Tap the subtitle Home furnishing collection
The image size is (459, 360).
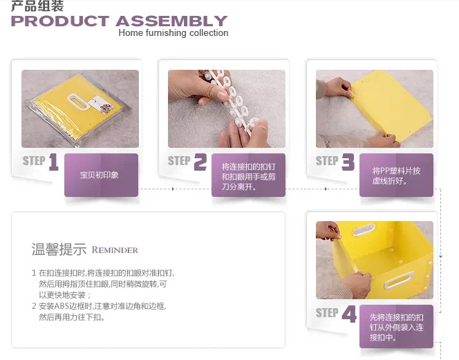[x=173, y=33]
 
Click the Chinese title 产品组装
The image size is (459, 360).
[x=37, y=6]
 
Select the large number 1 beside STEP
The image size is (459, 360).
[x=53, y=163]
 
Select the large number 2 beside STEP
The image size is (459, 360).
[x=200, y=163]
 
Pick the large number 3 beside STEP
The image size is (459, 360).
[x=348, y=163]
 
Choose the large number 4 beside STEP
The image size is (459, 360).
[x=349, y=315]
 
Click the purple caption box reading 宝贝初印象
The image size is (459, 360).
[x=101, y=175]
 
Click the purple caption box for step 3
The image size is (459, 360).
[x=396, y=175]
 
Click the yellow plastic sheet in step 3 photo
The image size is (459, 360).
[x=387, y=104]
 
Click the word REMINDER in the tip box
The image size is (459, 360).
[x=115, y=250]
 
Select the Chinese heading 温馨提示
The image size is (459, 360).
[x=59, y=249]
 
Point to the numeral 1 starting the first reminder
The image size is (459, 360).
[x=34, y=274]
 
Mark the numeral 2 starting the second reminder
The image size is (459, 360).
[x=34, y=305]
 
